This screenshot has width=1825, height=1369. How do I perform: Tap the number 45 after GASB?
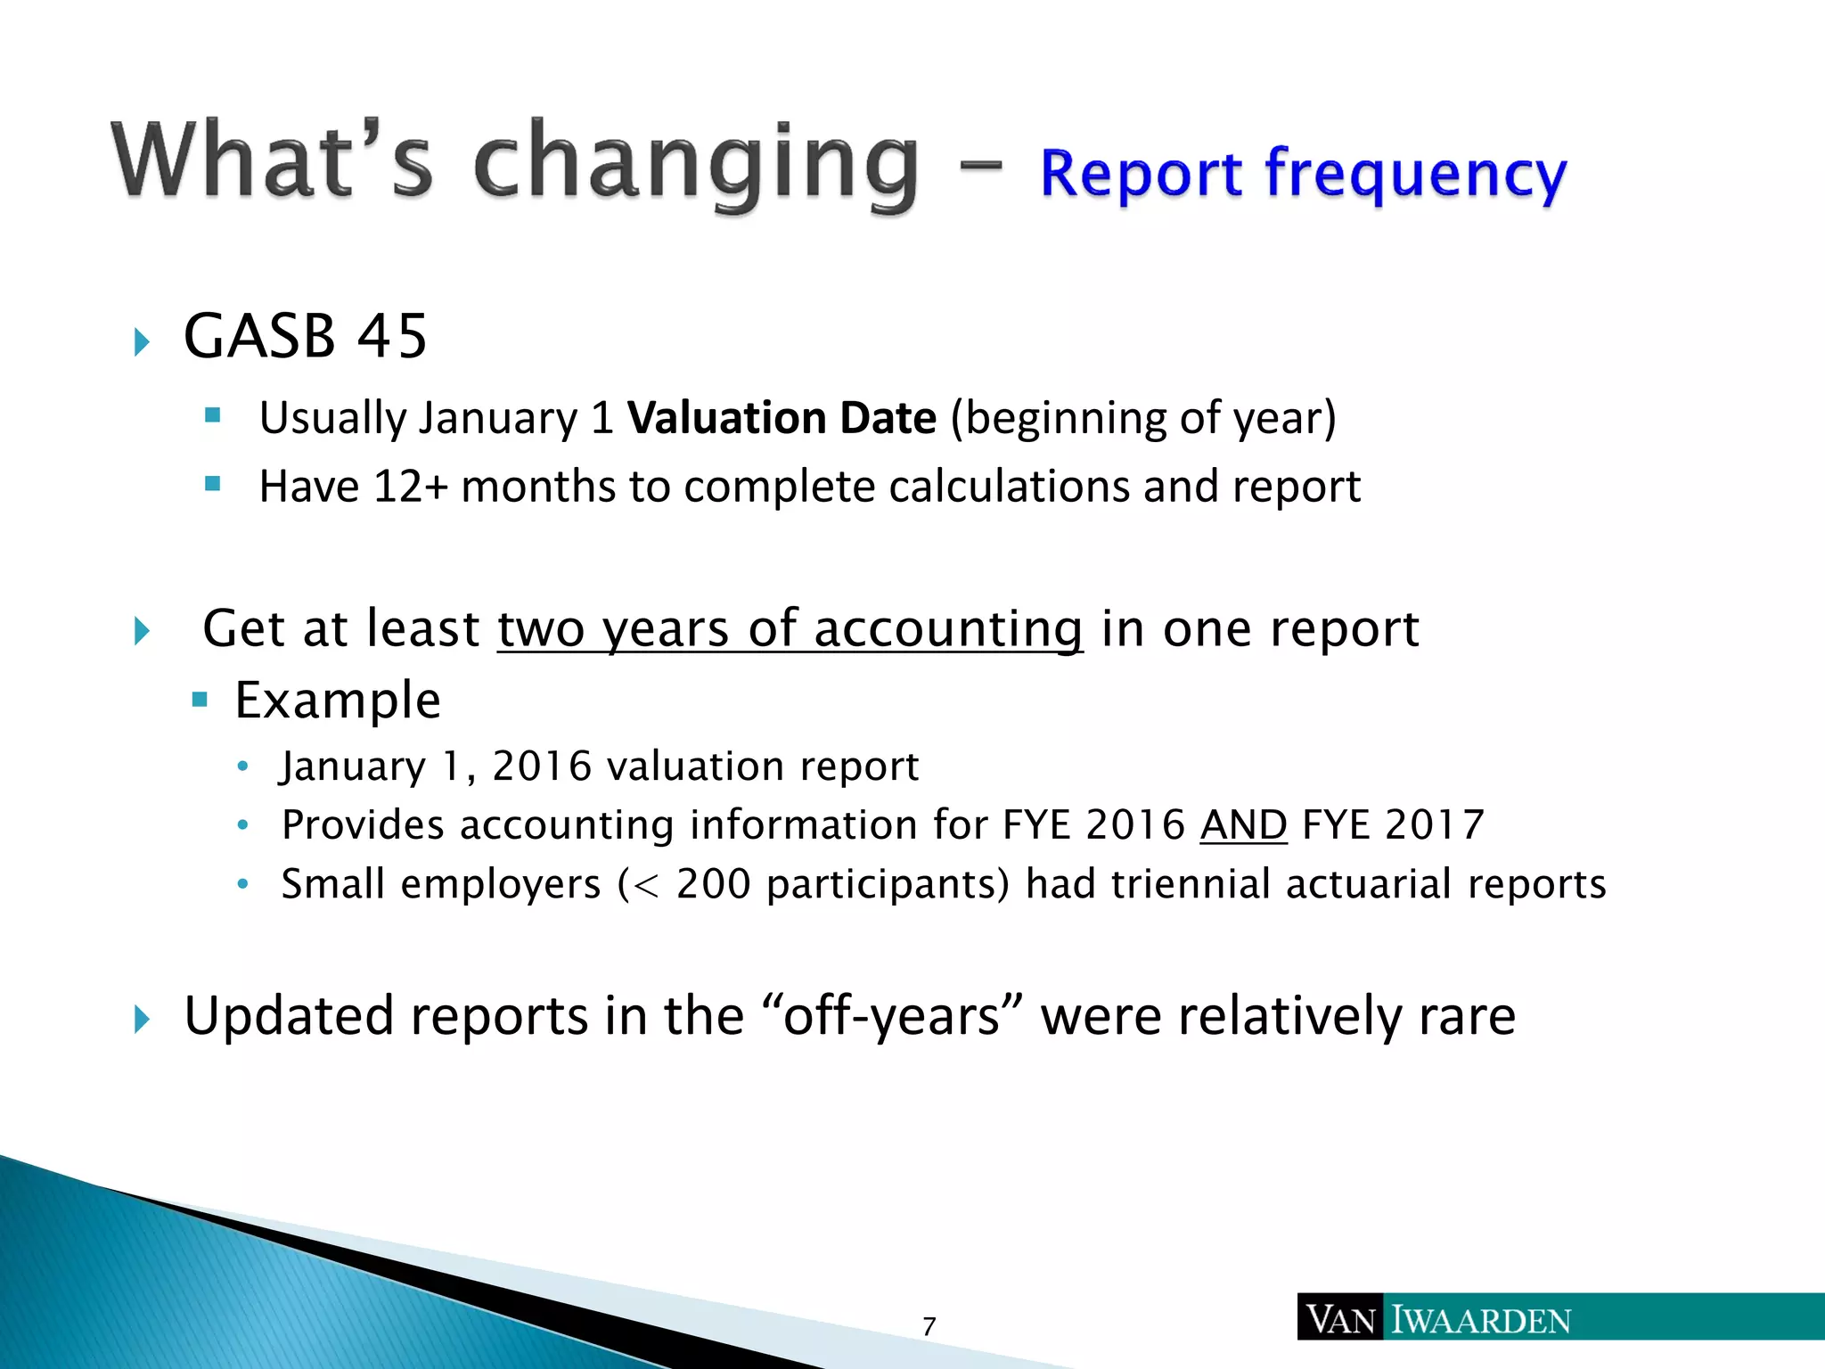point(392,337)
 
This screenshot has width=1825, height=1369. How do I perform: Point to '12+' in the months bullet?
point(410,488)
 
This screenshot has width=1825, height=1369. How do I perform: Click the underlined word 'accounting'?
point(948,629)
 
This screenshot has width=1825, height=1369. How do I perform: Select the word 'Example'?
point(338,701)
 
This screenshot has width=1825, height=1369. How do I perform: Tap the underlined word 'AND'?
point(1243,825)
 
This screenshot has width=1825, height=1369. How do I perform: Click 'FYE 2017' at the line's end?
point(1393,825)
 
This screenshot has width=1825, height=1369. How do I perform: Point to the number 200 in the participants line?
point(713,884)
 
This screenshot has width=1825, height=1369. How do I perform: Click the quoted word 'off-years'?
point(892,1016)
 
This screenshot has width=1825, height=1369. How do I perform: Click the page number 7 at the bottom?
point(929,1327)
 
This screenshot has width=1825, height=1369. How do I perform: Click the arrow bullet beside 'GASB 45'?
point(142,341)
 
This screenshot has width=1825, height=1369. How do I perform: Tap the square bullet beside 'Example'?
point(200,701)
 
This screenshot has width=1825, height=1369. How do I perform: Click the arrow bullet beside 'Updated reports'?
point(142,1019)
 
